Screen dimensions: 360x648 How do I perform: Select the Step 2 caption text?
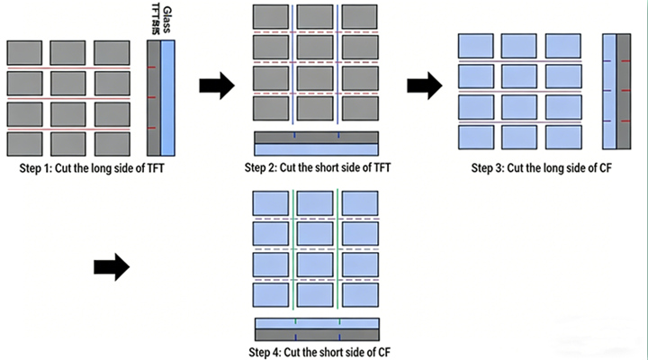pyautogui.click(x=318, y=167)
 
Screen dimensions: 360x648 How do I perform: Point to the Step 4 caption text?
pyautogui.click(x=318, y=352)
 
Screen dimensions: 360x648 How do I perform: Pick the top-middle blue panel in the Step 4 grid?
pyautogui.click(x=316, y=203)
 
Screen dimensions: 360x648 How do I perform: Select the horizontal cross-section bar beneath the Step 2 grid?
pyautogui.click(x=316, y=143)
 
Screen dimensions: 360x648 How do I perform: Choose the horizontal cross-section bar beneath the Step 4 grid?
pyautogui.click(x=316, y=328)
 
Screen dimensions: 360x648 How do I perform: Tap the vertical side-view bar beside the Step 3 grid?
pyautogui.click(x=616, y=90)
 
